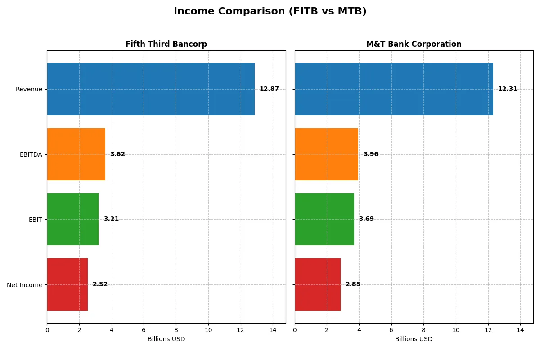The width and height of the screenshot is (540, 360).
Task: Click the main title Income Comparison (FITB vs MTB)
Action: (270, 12)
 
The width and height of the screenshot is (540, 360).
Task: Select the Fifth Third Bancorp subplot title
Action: (166, 44)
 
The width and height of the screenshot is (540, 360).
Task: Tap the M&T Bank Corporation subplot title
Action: (414, 44)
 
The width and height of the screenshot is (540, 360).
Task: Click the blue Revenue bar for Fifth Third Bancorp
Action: (151, 89)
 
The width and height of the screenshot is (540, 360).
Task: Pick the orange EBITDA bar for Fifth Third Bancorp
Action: (76, 154)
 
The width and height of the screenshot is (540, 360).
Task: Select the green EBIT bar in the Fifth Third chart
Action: (72, 219)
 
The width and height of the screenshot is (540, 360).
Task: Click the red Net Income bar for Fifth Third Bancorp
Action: (67, 284)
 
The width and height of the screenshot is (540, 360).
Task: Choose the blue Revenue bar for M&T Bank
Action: (394, 89)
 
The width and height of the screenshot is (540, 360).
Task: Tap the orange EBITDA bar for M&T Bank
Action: (326, 154)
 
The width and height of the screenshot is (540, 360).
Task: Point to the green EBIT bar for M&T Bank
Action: (324, 219)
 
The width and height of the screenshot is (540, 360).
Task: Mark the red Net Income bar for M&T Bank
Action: (317, 284)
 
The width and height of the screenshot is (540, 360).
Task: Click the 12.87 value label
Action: (269, 89)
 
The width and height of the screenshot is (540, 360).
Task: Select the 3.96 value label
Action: (371, 154)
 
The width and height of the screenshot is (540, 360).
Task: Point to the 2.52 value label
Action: (100, 284)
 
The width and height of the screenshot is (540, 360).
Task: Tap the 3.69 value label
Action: (366, 219)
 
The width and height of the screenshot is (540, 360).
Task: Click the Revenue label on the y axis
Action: (29, 89)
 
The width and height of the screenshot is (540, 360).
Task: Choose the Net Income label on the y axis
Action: (25, 285)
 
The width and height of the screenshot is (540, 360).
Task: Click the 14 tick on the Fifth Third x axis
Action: (273, 330)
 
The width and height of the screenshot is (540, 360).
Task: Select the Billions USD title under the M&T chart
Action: (414, 339)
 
